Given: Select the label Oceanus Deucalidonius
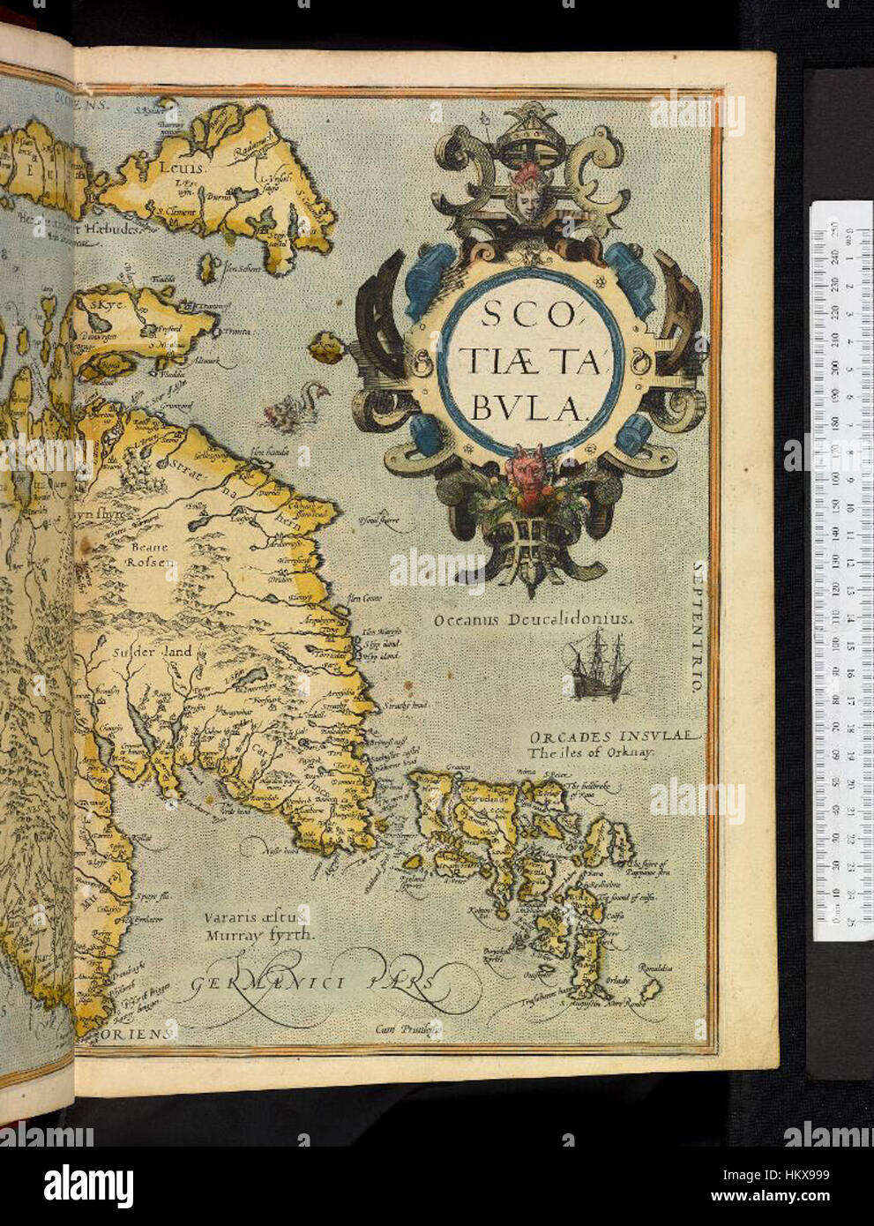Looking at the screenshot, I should tap(534, 620).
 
